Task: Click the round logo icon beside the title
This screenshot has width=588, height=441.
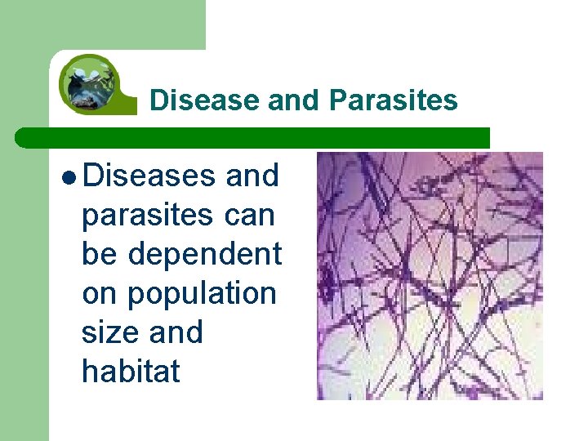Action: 91,82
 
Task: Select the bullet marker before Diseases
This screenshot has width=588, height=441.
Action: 69,176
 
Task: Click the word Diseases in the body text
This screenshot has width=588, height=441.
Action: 148,175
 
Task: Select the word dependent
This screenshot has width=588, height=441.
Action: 204,253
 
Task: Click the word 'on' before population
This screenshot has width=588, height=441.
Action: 100,293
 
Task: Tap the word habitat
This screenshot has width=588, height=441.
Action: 131,372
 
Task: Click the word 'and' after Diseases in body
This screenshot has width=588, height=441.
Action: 252,175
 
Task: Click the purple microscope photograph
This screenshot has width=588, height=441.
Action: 430,275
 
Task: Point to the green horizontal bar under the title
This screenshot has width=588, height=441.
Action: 261,137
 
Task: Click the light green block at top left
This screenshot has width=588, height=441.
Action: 102,24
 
